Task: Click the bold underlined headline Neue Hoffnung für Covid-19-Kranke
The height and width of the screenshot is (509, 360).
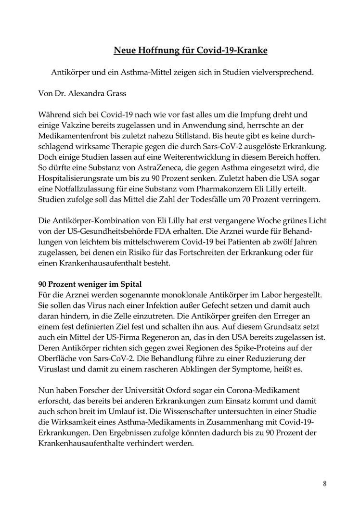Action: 191,50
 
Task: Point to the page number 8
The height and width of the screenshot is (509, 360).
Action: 325,484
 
